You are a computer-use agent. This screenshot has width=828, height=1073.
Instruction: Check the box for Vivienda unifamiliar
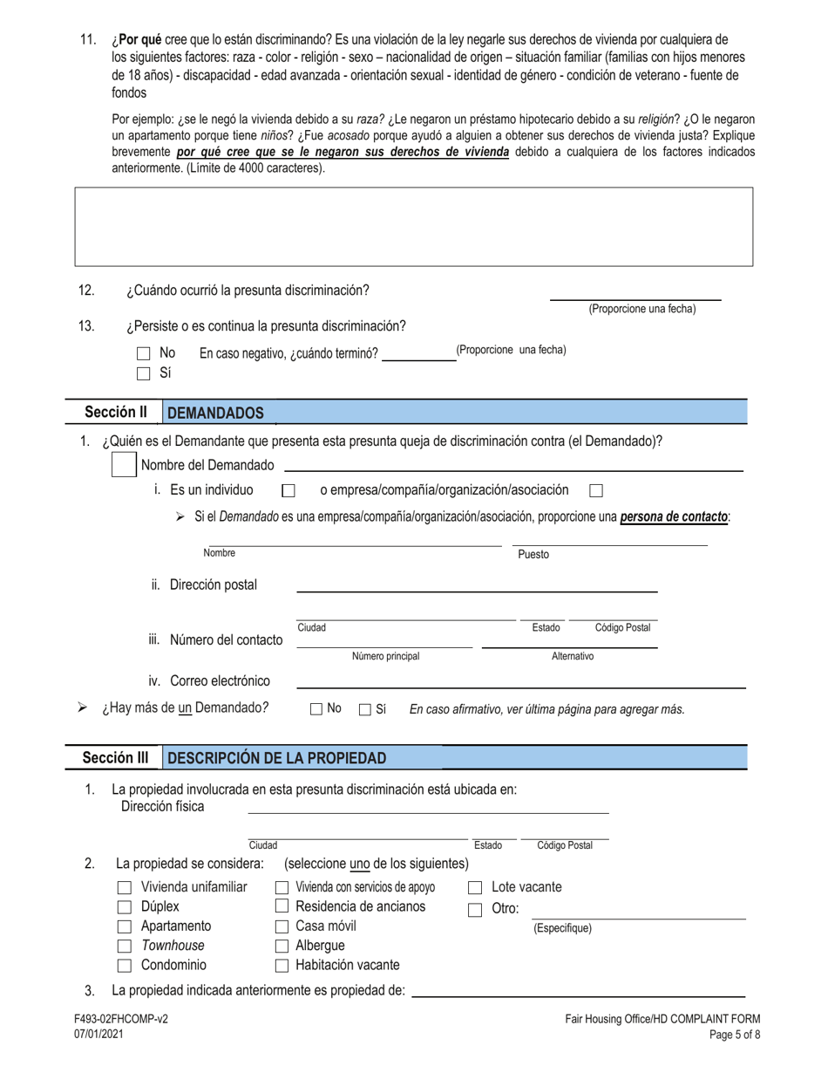coord(124,888)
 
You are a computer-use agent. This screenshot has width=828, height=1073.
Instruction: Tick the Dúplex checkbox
coord(124,907)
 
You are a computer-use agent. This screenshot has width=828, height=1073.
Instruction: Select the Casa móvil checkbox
coord(282,926)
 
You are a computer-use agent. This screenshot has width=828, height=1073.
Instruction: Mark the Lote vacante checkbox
coord(476,888)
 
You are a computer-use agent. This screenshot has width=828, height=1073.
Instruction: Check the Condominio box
coord(124,966)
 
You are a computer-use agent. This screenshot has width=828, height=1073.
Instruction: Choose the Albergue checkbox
coord(282,947)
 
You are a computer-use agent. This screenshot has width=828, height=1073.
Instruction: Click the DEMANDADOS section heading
coord(215,413)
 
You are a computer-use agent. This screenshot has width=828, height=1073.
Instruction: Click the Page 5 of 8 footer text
coord(736,1035)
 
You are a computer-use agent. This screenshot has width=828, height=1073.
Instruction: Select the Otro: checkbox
coord(476,909)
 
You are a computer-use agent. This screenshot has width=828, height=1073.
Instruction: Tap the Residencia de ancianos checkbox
coord(282,907)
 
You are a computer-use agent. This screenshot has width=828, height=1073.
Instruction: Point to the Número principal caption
coord(386,656)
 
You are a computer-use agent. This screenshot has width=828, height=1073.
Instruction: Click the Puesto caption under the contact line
coord(533,554)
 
